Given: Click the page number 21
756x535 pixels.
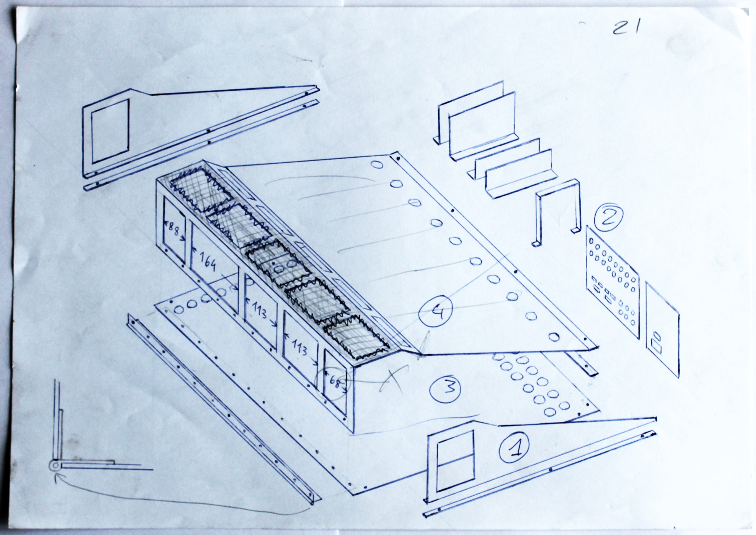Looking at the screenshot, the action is [x=625, y=28].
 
